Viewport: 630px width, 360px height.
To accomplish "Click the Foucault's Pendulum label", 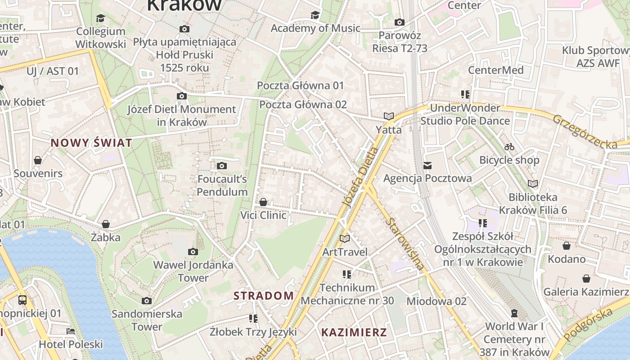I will click(222, 185).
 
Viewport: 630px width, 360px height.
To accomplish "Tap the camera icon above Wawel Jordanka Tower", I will click(193, 252).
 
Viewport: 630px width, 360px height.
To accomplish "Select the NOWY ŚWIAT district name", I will click(91, 143).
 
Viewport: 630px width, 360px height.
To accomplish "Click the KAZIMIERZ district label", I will click(354, 333).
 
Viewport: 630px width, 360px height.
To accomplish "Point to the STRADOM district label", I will click(264, 296).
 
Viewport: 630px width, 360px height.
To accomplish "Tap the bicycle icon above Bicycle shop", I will click(509, 147).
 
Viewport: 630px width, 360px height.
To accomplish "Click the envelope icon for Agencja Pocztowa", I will click(427, 166).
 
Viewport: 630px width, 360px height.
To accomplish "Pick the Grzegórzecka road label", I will click(585, 132).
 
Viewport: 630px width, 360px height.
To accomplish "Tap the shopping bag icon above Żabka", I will click(106, 224).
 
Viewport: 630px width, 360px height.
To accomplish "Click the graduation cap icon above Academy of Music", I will click(315, 15).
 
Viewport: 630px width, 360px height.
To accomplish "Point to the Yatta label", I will click(389, 130).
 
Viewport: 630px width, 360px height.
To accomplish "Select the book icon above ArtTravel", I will click(345, 238).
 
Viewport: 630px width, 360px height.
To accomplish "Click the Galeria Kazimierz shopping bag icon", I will click(586, 279).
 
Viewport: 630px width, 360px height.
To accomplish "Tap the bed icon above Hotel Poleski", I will click(71, 331).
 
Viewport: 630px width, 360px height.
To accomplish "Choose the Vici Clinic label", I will click(263, 215).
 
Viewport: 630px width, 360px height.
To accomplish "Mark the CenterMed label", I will click(495, 70).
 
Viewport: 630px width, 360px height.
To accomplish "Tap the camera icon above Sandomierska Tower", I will click(147, 301).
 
